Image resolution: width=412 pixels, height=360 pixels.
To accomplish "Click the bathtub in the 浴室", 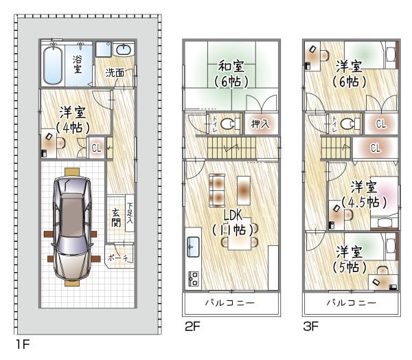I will coord(54,65).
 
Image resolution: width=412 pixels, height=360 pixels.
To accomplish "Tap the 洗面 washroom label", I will coord(115,71).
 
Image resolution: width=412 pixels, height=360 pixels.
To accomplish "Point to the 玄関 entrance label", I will coord(117,218).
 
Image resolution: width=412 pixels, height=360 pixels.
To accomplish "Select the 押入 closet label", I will coord(260,124).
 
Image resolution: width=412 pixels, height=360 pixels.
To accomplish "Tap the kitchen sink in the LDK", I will coord(193,245).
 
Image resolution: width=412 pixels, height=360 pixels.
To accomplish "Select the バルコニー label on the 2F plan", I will coord(231,303).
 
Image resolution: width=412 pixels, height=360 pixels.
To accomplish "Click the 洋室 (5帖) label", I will coord(352,259).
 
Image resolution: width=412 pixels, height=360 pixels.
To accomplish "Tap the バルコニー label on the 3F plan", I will coord(350,303).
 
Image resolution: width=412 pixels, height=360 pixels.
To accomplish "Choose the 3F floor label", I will coord(311,328).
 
